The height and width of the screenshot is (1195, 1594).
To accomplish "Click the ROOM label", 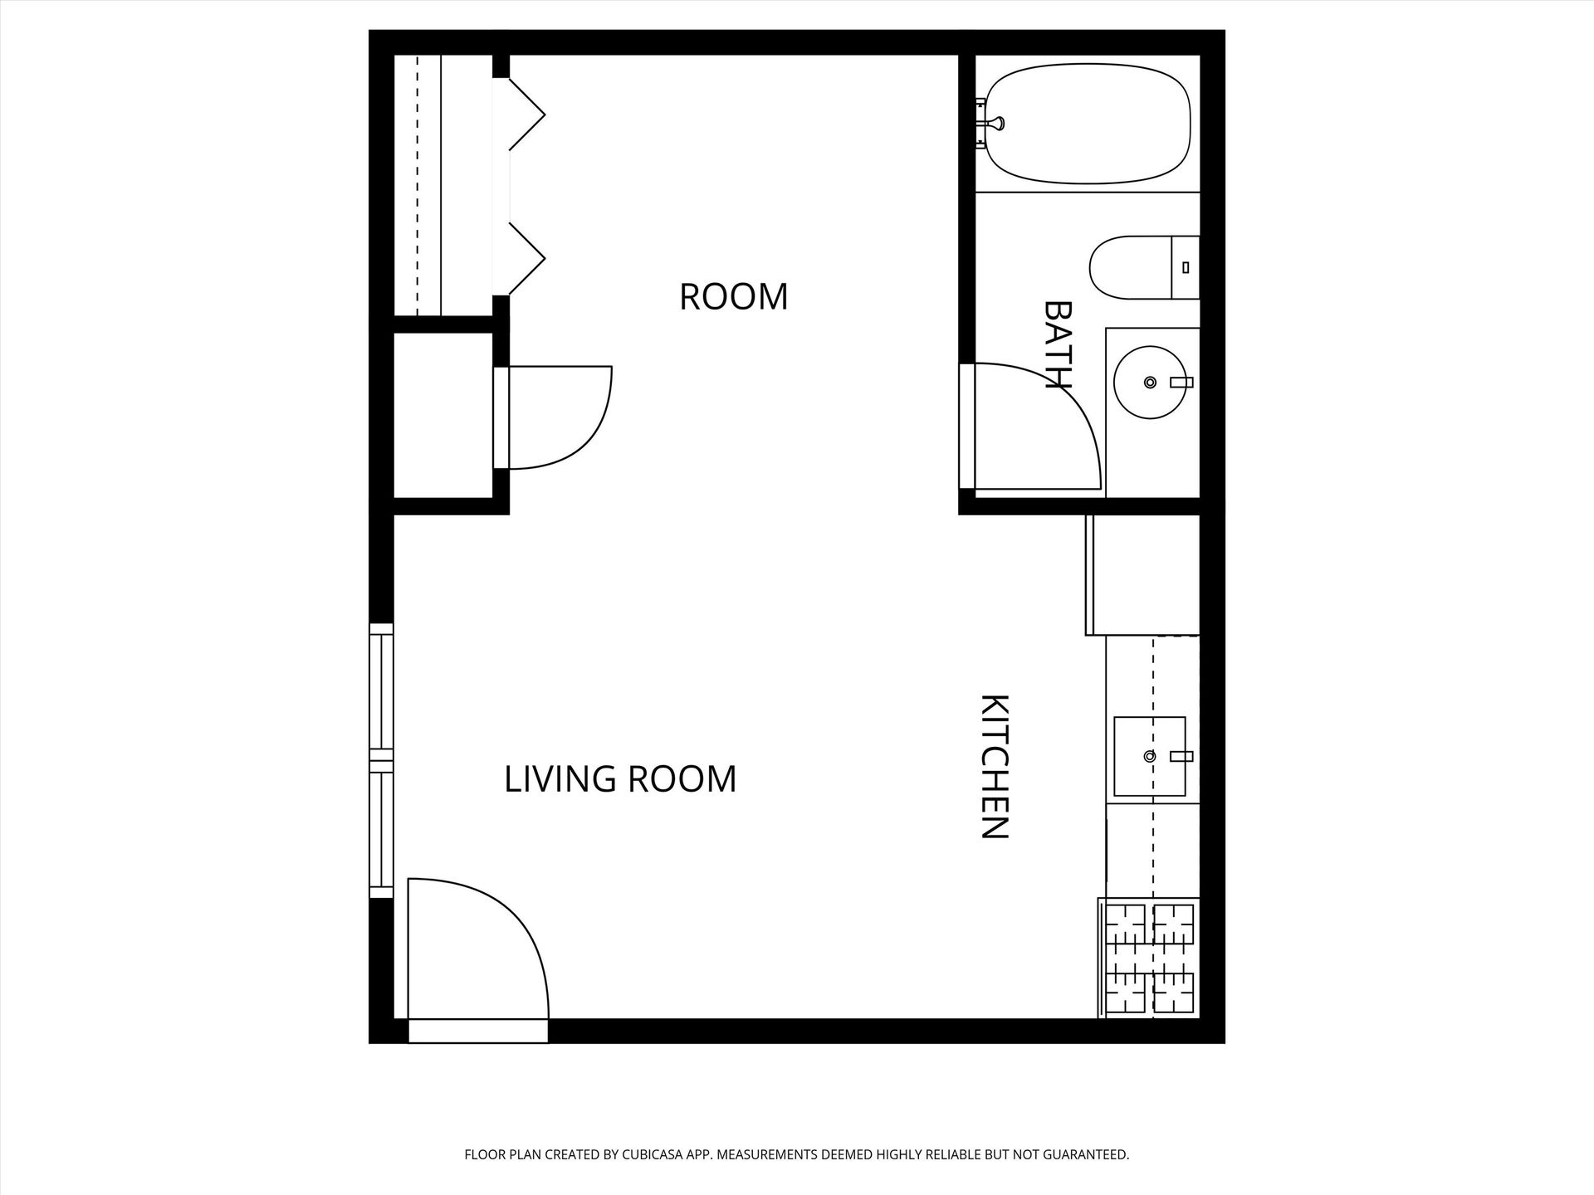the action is pos(733,297).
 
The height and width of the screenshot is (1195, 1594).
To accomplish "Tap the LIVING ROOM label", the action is pos(620,779).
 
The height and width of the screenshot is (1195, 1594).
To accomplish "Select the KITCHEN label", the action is pos(995,767).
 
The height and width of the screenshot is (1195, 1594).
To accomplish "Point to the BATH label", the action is pos(1058,344).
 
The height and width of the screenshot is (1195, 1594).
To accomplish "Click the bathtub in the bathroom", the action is pos(1088,124).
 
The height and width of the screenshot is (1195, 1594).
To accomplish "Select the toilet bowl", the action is pos(1130,267).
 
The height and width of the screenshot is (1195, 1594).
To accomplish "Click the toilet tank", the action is pos(1185,267).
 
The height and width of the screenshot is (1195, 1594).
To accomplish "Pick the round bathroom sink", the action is pos(1151,383).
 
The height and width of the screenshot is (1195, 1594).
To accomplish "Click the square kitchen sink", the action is pos(1150,756).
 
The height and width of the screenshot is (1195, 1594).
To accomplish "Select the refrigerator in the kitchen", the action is pos(1142,575).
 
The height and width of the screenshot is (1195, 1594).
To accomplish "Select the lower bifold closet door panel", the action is pos(526,259).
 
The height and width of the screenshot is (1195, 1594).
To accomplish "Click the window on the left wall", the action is pos(381,760).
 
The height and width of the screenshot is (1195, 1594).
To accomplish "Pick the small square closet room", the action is pos(443,415).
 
